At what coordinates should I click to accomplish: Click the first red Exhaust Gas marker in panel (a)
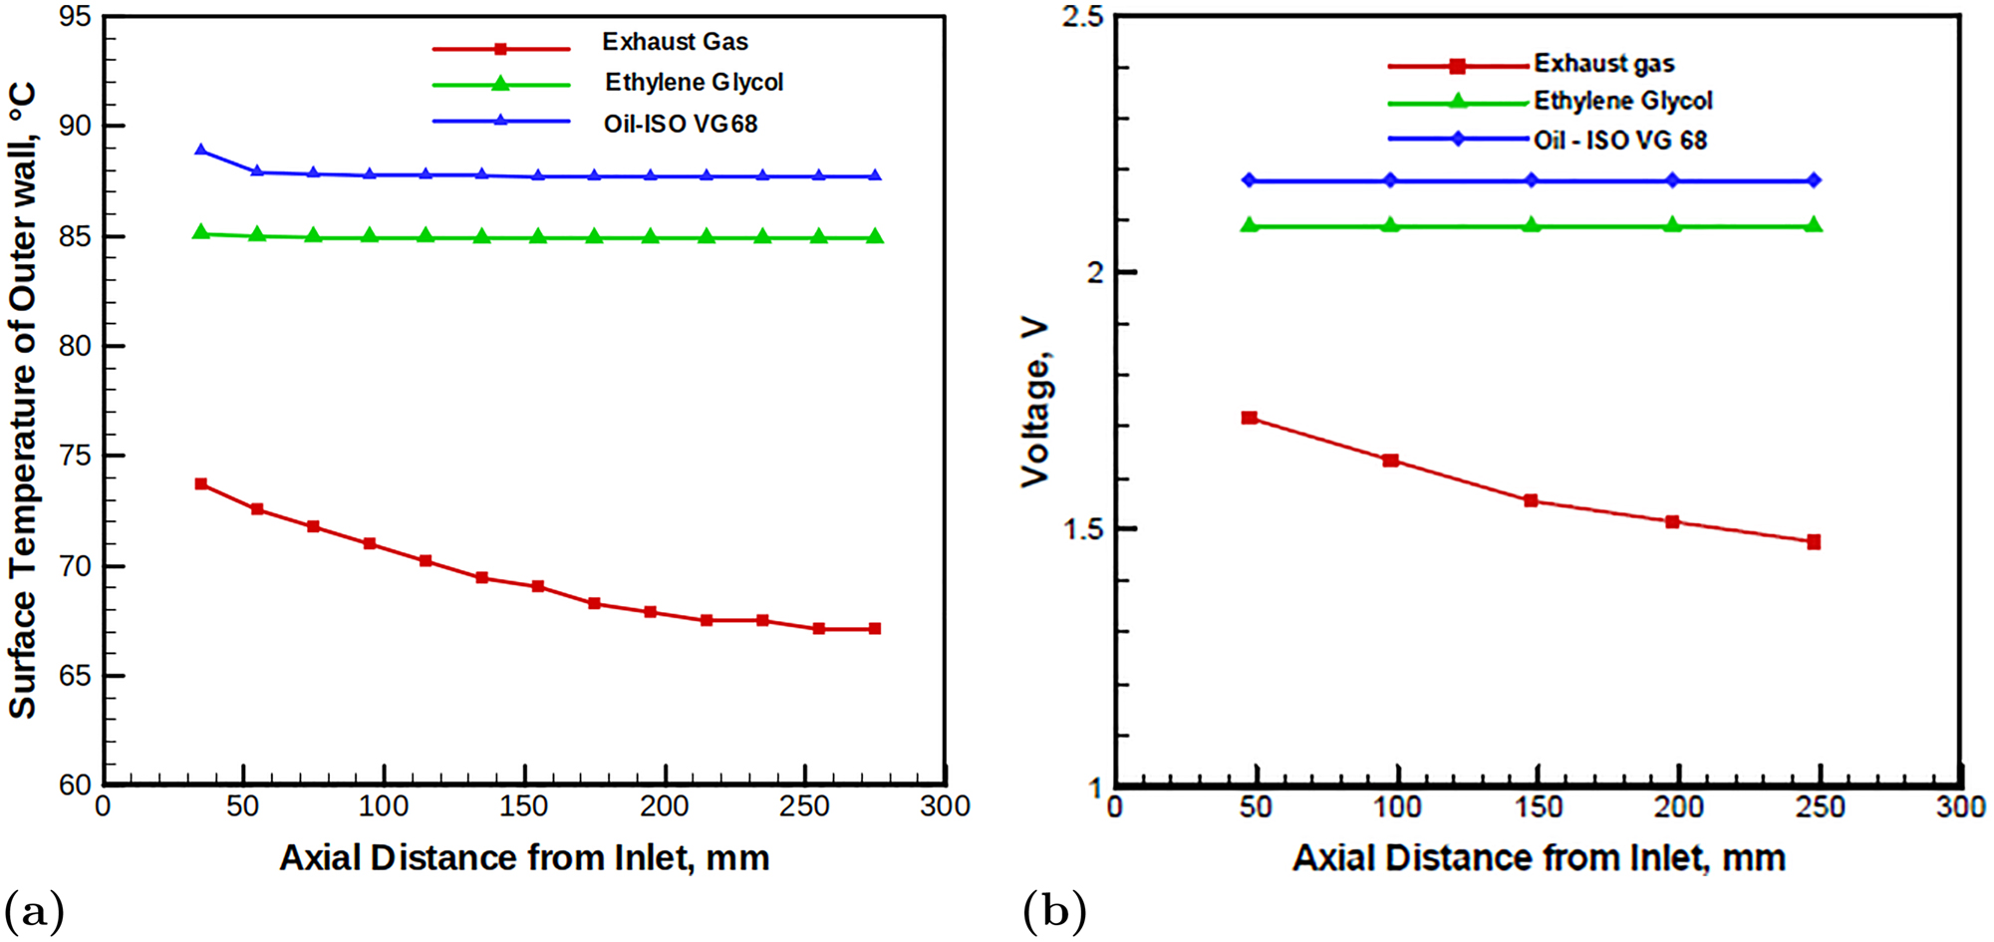click(x=201, y=484)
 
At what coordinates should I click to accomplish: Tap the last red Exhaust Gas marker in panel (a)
click(x=875, y=629)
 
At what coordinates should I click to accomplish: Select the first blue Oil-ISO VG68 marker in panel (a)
click(x=201, y=151)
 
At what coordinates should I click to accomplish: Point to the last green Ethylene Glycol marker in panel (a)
click(x=875, y=236)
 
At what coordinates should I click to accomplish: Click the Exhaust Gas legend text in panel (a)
click(x=675, y=42)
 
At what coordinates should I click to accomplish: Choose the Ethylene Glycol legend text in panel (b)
click(x=1622, y=101)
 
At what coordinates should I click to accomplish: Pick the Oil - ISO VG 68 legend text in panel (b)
click(x=1619, y=141)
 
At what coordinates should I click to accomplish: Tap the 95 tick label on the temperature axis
click(x=75, y=17)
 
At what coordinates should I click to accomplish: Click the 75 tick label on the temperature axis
click(x=75, y=456)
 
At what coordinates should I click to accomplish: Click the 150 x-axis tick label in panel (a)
click(x=524, y=806)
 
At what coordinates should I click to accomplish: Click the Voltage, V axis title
click(x=1036, y=402)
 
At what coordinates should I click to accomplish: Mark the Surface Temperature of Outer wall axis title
click(x=24, y=400)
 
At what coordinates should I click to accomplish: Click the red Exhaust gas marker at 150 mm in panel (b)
click(x=1531, y=500)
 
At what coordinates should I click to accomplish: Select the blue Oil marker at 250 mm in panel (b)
click(x=1814, y=180)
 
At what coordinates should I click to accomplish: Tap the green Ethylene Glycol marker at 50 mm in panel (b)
click(x=1250, y=225)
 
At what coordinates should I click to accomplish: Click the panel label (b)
click(x=1053, y=911)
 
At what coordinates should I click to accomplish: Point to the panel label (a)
click(x=34, y=911)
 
